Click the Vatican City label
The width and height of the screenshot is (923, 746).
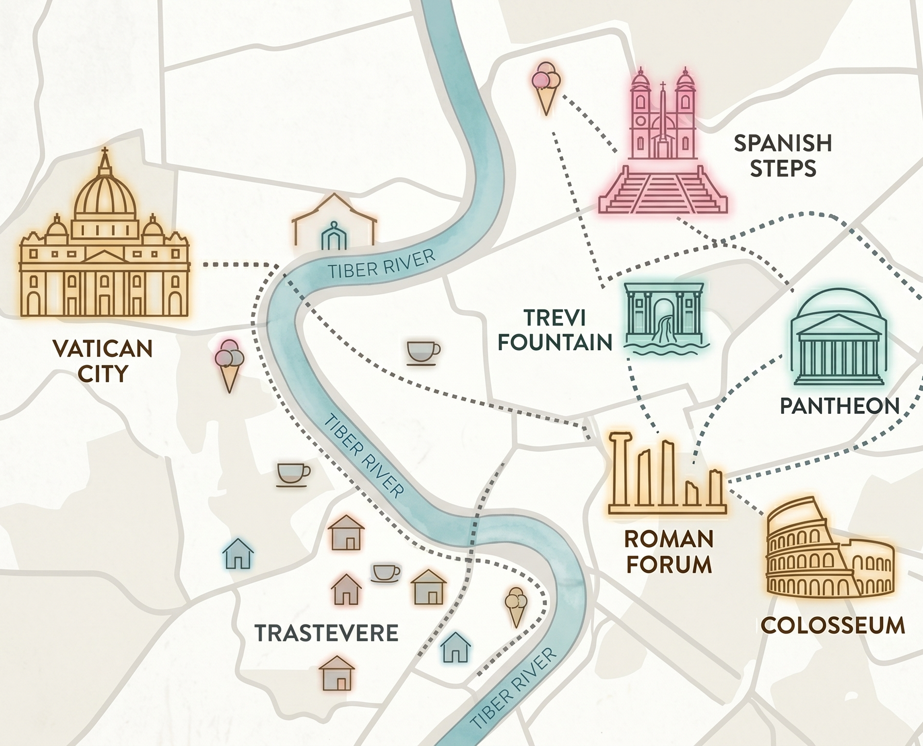point(102,361)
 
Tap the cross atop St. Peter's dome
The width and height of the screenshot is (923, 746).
point(104,154)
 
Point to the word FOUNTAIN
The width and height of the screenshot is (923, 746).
point(555,342)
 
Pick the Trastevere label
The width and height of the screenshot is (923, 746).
point(326,633)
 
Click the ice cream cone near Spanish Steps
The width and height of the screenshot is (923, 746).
point(546,87)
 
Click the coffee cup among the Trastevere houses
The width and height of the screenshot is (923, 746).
point(385,573)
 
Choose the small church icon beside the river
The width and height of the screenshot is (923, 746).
point(335,223)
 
